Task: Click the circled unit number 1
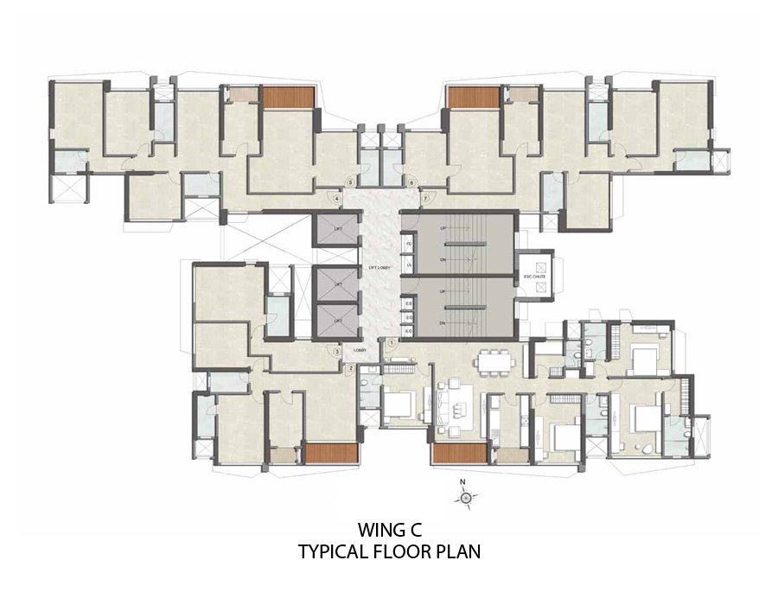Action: tap(391, 342)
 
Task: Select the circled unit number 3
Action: tap(337, 352)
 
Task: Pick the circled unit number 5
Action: tap(350, 182)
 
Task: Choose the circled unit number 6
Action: tap(411, 182)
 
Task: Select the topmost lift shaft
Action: tap(335, 232)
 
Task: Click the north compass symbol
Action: tap(466, 496)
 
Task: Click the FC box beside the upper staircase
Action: tap(409, 245)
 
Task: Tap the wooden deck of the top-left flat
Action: tap(286, 97)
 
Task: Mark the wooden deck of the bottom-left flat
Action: tap(330, 453)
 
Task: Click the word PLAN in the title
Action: tap(457, 551)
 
